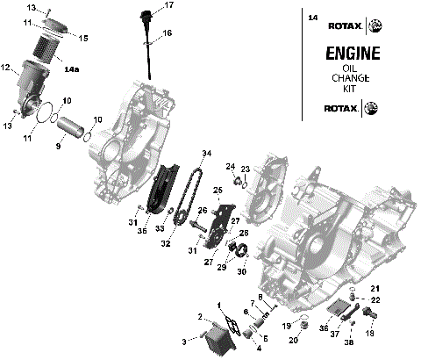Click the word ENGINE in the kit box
(353, 54)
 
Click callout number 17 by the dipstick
(168, 5)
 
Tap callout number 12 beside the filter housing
(5, 68)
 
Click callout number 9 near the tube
(59, 145)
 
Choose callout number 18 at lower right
(369, 335)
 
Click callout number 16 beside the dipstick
(168, 32)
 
